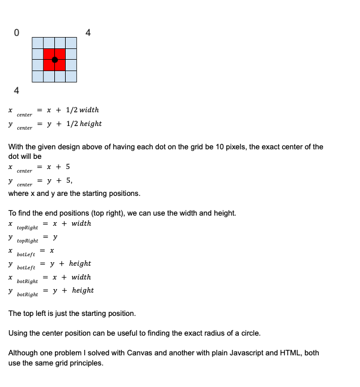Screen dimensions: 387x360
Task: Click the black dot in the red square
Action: tap(55, 60)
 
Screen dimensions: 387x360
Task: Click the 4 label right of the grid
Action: tap(88, 33)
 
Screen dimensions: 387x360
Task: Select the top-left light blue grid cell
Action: tap(38, 43)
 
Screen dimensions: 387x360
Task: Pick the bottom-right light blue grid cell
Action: tap(71, 76)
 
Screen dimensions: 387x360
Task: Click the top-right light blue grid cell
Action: tap(71, 43)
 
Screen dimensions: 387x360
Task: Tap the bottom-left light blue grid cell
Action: tap(38, 76)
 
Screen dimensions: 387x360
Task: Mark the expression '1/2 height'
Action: tap(84, 124)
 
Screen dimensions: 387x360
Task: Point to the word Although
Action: tap(24, 353)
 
